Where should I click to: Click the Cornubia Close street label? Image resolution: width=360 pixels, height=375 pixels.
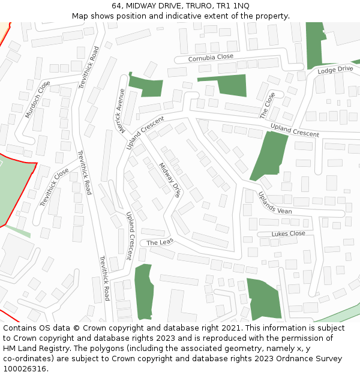pyautogui.click(x=211, y=58)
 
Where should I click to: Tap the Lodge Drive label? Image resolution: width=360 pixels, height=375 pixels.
pyautogui.click(x=335, y=70)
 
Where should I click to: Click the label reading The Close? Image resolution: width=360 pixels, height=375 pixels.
pyautogui.click(x=268, y=106)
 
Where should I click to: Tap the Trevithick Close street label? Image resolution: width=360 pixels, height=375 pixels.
pyautogui.click(x=55, y=188)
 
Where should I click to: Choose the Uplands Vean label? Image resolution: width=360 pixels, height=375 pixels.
pyautogui.click(x=275, y=203)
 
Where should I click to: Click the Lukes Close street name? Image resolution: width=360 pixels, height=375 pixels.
pyautogui.click(x=288, y=233)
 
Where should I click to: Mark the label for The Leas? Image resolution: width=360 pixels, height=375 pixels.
pyautogui.click(x=160, y=242)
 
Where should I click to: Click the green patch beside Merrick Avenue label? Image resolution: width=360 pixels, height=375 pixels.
pyautogui.click(x=146, y=86)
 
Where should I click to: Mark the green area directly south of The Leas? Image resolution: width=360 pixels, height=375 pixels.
pyautogui.click(x=143, y=292)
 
